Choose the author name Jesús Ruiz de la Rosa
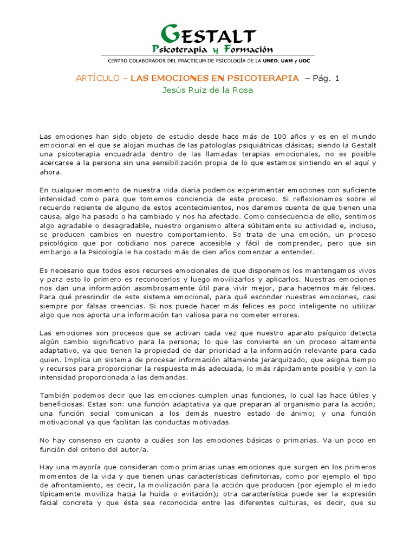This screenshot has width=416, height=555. [208, 90]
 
